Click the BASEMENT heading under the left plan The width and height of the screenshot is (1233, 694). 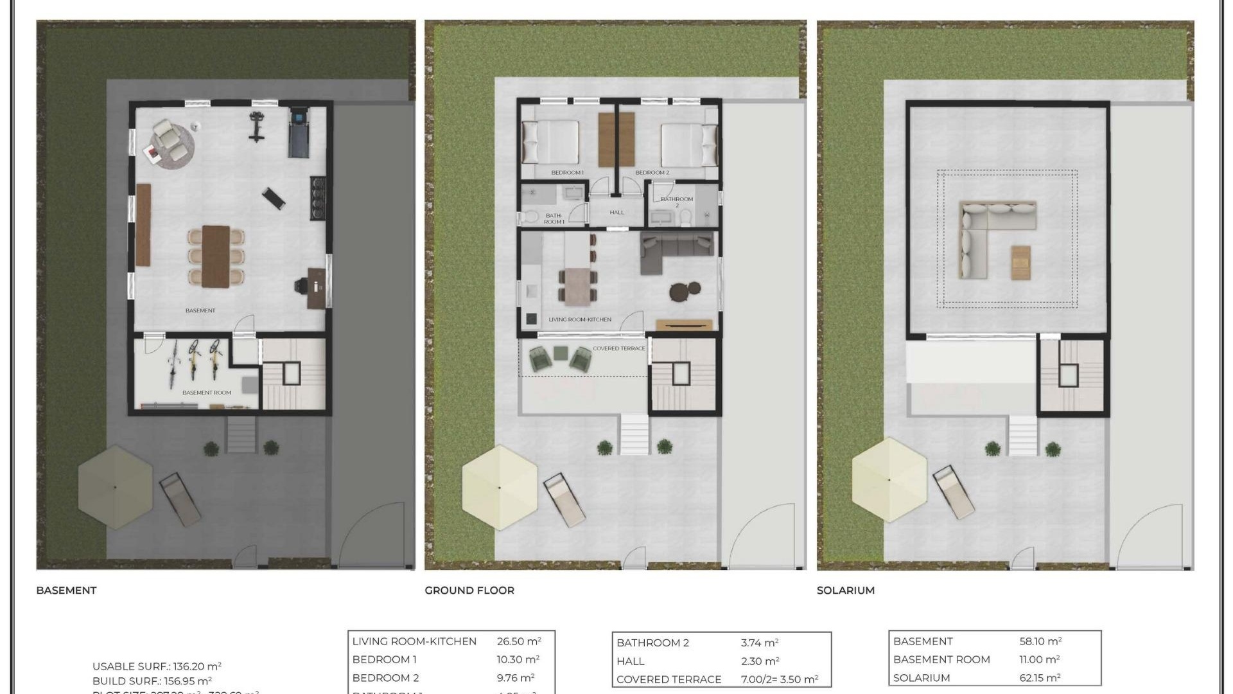(x=66, y=590)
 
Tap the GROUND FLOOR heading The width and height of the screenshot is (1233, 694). (x=469, y=590)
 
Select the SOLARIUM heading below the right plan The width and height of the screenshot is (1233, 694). (x=845, y=590)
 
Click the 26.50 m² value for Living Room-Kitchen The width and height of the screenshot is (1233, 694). (x=519, y=641)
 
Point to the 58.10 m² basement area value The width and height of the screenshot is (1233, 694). (x=1040, y=641)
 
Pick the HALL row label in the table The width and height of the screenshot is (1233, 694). (x=630, y=661)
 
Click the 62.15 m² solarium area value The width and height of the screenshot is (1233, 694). (x=1040, y=678)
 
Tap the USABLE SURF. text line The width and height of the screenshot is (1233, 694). (x=157, y=666)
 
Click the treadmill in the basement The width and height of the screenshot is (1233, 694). (x=299, y=132)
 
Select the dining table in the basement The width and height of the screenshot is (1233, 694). (x=216, y=256)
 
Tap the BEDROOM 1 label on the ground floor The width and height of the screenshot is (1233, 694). (x=567, y=173)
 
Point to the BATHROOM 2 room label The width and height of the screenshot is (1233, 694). (x=677, y=199)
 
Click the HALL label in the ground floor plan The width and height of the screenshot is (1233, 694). (x=616, y=212)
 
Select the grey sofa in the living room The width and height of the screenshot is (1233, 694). (x=677, y=248)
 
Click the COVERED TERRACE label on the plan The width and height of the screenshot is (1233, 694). (x=618, y=348)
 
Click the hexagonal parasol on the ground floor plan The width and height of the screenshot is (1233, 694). (x=500, y=487)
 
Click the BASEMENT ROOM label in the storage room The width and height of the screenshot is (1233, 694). (x=206, y=393)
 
